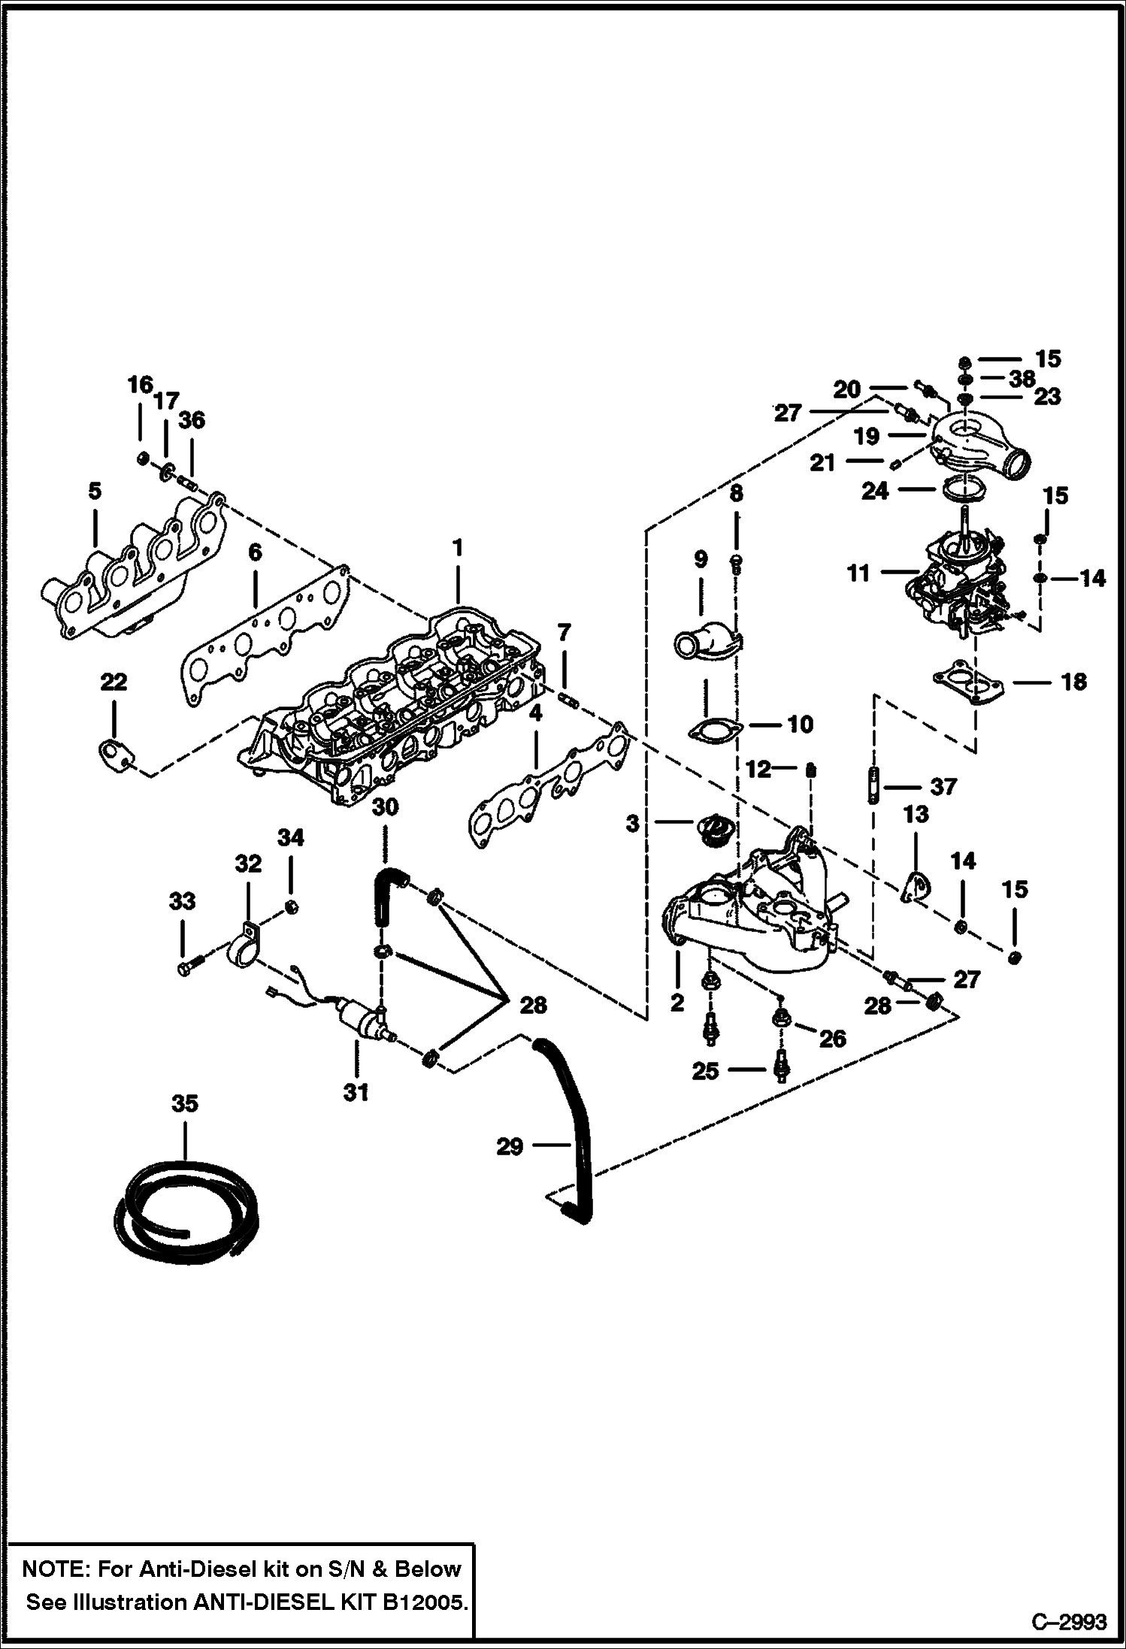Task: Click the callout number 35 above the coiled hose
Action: pyautogui.click(x=184, y=1103)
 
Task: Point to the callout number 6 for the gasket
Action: pyautogui.click(x=255, y=553)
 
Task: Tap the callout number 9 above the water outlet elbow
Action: pyautogui.click(x=700, y=559)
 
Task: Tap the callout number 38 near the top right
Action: pyautogui.click(x=1022, y=379)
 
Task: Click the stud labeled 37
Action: pyautogui.click(x=873, y=785)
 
